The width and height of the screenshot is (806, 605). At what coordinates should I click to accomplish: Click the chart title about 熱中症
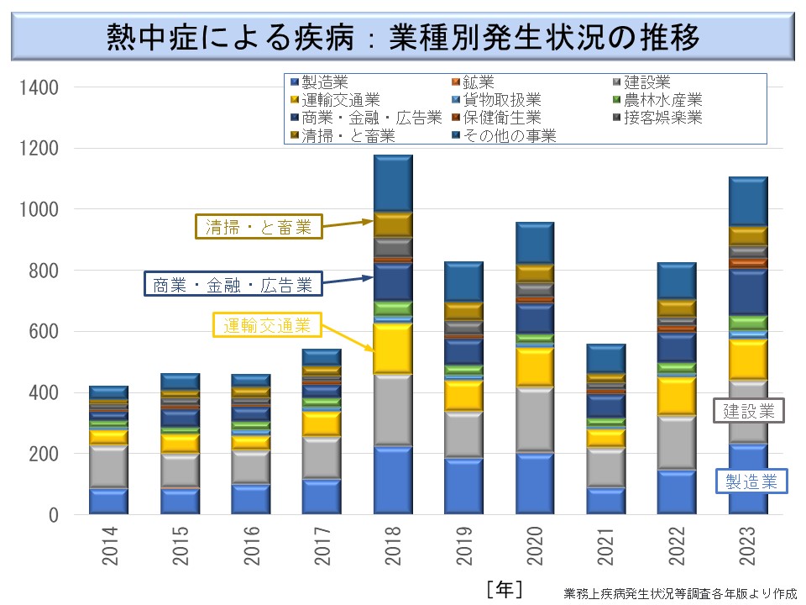403,38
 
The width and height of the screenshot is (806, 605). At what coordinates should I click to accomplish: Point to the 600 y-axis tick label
40,332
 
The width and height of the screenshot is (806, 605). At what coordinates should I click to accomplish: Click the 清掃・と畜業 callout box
258,226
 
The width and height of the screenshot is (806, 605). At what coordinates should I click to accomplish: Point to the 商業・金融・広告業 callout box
233,284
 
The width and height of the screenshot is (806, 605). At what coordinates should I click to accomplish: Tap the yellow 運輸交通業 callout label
266,324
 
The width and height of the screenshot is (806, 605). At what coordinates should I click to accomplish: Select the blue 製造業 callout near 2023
751,481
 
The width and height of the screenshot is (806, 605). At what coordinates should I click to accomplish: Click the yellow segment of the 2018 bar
393,349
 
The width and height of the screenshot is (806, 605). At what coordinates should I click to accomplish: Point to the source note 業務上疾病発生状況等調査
680,592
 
